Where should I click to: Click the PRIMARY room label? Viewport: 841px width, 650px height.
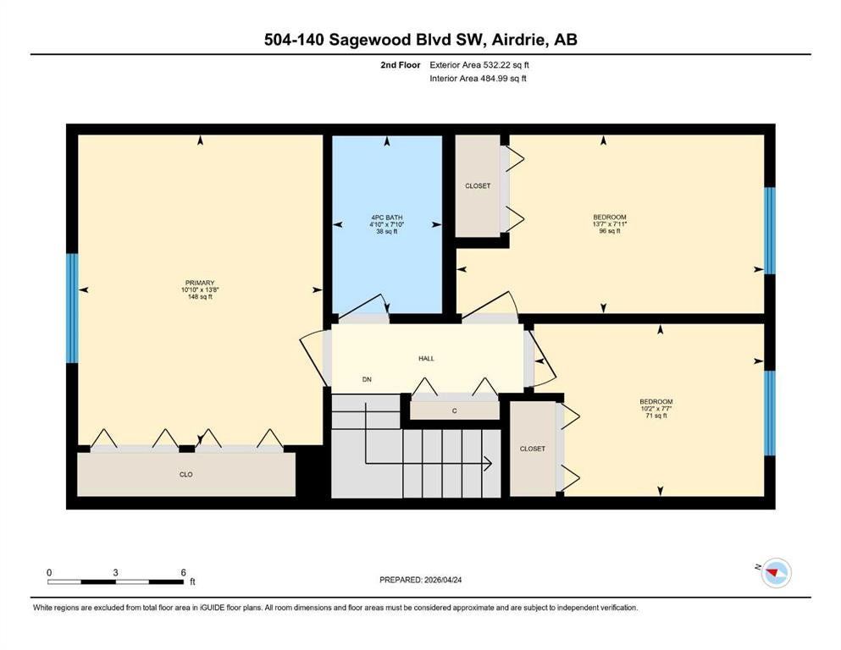(200, 283)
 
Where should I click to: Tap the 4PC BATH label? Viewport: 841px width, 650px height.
(387, 218)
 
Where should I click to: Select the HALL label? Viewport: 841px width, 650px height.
(426, 359)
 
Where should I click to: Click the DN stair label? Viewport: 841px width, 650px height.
(367, 379)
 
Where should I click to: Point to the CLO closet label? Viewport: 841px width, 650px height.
(186, 474)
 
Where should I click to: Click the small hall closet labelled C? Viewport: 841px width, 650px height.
(455, 410)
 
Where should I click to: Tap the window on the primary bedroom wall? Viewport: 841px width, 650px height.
(72, 308)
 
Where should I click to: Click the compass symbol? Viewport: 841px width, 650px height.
(776, 573)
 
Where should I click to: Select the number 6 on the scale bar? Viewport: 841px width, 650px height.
(183, 572)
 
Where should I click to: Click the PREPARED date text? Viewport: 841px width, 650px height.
(420, 580)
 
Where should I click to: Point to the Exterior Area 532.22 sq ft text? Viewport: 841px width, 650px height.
(479, 65)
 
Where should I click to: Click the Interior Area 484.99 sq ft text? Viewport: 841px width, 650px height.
(478, 78)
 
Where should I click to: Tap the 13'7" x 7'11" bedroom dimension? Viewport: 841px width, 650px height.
(610, 224)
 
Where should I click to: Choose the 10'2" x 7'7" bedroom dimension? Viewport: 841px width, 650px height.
(656, 408)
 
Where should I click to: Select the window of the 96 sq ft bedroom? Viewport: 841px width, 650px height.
(770, 230)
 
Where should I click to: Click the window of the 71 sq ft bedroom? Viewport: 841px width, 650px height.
(770, 413)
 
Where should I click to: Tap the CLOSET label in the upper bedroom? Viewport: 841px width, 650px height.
(478, 186)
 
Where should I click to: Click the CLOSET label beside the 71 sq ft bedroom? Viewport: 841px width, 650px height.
(533, 449)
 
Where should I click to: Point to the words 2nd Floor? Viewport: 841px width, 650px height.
(400, 65)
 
